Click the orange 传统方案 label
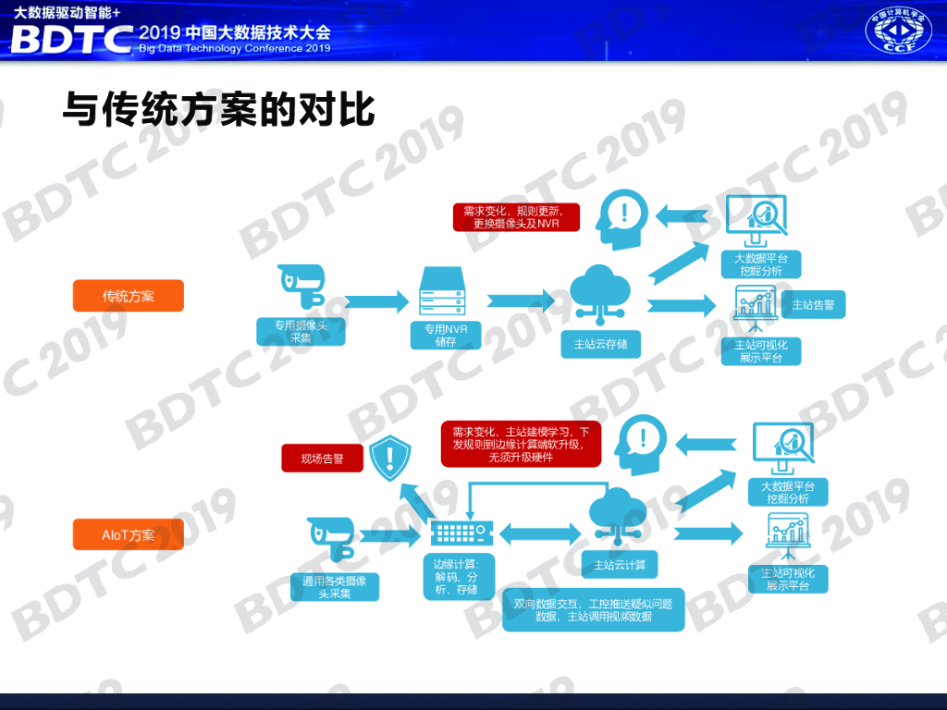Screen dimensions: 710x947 pos(129,296)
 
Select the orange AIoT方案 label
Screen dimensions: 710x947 pos(129,534)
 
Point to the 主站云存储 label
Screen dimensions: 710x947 pos(600,344)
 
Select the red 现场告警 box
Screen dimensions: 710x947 pos(322,458)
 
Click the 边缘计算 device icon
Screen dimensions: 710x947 pos(461,532)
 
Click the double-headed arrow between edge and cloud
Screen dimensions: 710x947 pos(540,532)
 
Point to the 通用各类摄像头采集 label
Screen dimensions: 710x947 pos(335,587)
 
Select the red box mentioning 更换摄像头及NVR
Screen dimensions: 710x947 pos(516,216)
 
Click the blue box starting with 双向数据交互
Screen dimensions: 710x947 pos(594,610)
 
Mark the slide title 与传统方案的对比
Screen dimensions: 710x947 pos(218,109)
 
